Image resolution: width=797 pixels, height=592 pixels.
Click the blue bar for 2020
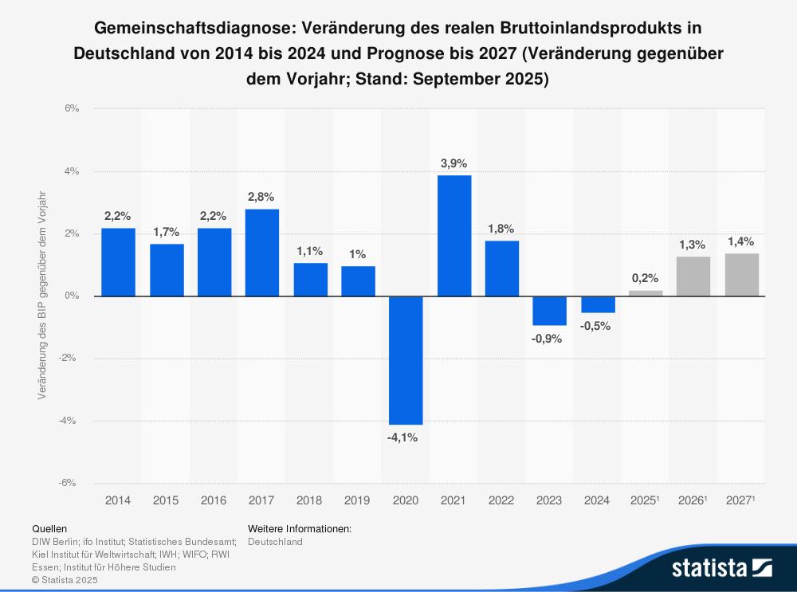[406, 360]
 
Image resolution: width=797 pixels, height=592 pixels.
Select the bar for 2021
[453, 236]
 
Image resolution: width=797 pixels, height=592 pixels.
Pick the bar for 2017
[262, 253]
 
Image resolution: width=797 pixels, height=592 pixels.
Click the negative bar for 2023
[550, 311]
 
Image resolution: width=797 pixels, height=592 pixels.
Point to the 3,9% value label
[453, 163]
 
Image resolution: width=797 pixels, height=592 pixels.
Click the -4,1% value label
[406, 437]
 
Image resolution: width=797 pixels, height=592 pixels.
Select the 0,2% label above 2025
[646, 279]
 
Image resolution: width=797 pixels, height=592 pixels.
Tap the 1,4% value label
[741, 241]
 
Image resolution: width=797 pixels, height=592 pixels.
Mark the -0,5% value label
[598, 326]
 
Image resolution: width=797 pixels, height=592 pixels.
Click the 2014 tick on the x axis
[118, 500]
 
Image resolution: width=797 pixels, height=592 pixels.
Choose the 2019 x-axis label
[358, 500]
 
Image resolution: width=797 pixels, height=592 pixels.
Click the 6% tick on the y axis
[71, 108]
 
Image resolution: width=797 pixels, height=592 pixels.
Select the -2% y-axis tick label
[69, 359]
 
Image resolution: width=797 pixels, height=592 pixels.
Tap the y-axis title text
[41, 296]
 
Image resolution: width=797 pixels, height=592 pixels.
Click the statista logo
[721, 567]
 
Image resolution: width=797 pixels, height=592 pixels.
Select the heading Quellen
[49, 528]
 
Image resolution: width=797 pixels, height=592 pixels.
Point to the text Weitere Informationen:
[300, 528]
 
